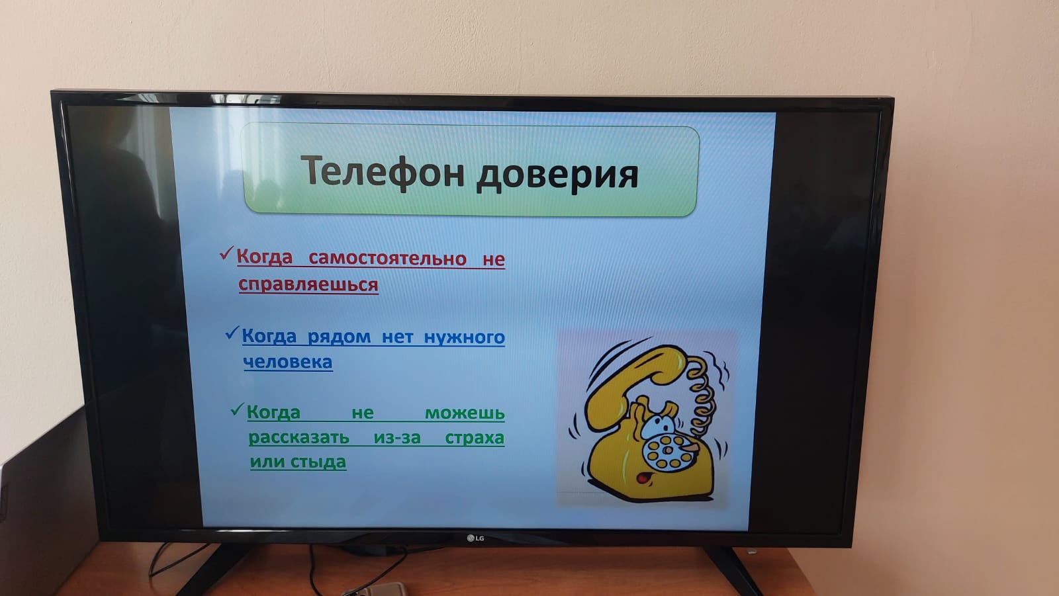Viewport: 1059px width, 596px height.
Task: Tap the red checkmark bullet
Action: point(227,253)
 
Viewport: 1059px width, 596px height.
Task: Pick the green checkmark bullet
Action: point(237,409)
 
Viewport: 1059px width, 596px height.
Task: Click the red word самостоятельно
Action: point(388,259)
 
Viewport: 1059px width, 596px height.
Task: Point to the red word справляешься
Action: point(308,284)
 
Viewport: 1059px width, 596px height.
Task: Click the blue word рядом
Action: point(339,337)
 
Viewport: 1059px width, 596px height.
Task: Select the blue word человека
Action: point(288,362)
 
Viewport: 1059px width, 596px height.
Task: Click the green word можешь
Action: point(465,413)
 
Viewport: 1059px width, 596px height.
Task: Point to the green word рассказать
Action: point(299,438)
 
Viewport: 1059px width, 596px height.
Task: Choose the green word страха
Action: point(475,439)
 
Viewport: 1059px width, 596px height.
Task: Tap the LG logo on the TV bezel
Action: point(476,538)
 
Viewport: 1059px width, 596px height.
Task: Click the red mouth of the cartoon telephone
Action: point(643,480)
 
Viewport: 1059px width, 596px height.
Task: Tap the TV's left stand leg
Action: point(212,569)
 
